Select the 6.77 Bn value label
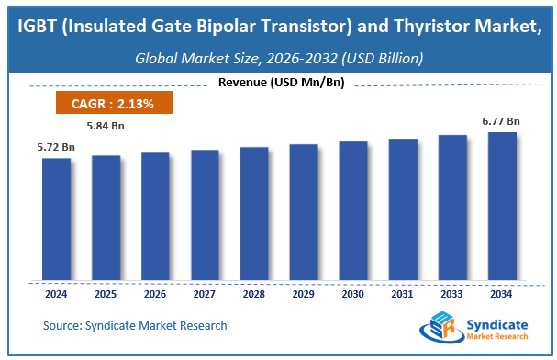click(502, 120)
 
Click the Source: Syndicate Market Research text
click(135, 325)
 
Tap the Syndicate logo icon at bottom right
click(437, 330)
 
